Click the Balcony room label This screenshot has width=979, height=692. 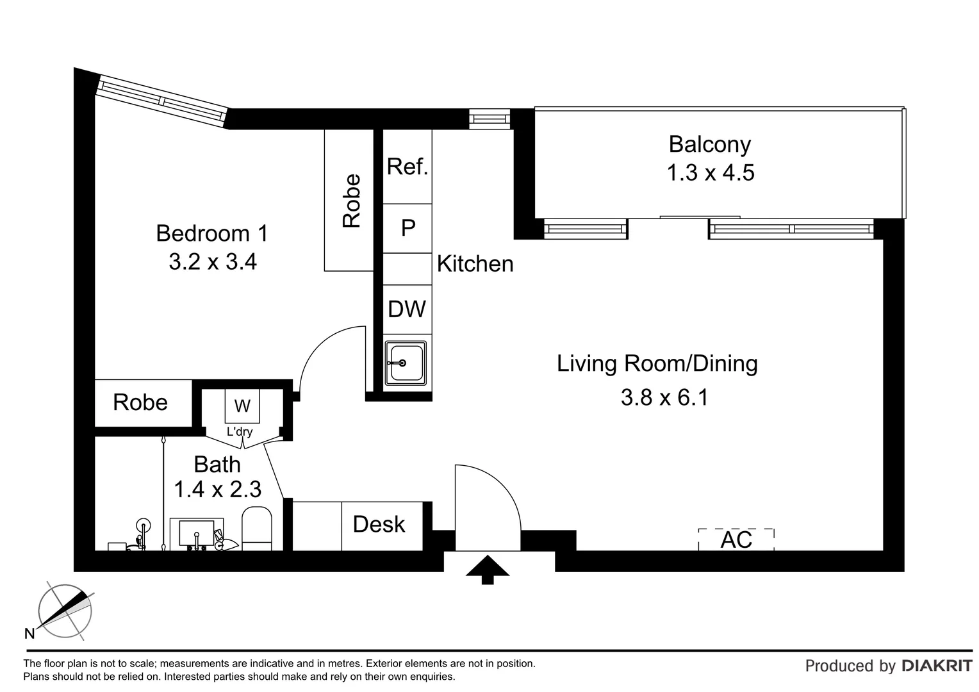[709, 144]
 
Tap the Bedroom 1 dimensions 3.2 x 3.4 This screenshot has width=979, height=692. [212, 262]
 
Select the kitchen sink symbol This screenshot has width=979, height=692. [405, 363]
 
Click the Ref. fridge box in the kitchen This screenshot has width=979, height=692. [407, 167]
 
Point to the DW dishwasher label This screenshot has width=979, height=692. [407, 309]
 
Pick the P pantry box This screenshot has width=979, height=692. [407, 228]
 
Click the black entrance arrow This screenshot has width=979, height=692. [487, 569]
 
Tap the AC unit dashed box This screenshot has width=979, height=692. [736, 540]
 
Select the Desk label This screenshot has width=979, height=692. [379, 525]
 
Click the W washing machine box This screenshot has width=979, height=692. [242, 406]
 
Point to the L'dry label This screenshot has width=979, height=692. [240, 432]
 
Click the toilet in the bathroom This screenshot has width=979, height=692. [257, 529]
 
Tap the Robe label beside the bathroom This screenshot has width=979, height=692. [140, 402]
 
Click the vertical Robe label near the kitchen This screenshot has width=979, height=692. [352, 201]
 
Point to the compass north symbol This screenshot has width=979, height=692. [64, 611]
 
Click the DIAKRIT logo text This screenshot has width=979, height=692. [937, 666]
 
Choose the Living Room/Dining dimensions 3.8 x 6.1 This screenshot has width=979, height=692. [664, 398]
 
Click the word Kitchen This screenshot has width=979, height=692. [475, 264]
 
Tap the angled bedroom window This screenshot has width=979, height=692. [162, 101]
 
